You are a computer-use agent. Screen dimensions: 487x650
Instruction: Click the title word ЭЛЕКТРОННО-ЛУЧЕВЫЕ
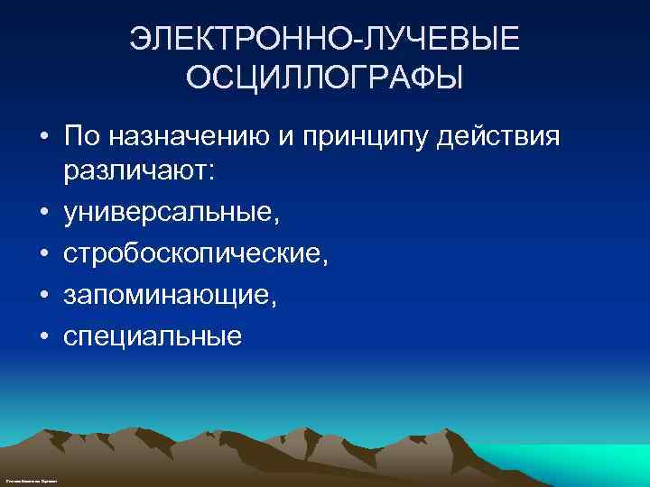pyautogui.click(x=325, y=40)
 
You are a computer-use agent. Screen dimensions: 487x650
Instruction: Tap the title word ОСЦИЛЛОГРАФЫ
pyautogui.click(x=325, y=77)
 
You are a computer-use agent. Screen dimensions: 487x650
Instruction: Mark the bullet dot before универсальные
pyautogui.click(x=43, y=214)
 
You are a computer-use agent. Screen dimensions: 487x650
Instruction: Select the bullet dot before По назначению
pyautogui.click(x=43, y=138)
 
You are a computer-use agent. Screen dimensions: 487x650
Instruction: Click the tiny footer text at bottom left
pyautogui.click(x=31, y=482)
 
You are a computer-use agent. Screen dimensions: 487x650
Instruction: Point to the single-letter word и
pyautogui.click(x=294, y=138)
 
